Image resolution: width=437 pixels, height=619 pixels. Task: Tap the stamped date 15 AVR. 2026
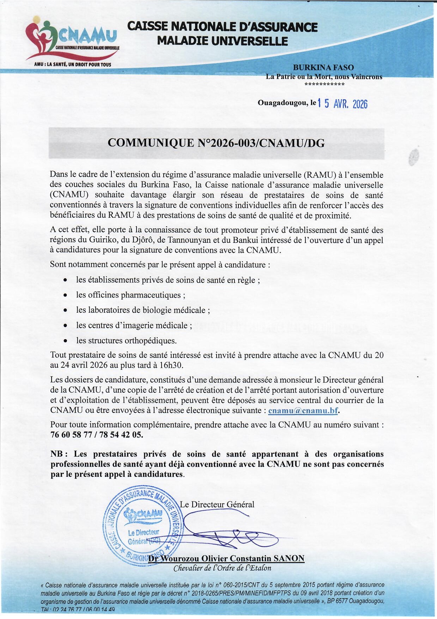click(342, 104)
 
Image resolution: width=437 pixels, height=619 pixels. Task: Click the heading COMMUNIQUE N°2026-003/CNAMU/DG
click(216, 143)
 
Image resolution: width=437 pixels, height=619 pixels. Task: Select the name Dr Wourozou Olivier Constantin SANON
click(226, 558)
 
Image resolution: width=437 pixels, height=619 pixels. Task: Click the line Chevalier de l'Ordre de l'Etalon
click(222, 568)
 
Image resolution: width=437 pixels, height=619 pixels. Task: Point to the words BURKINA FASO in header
click(323, 67)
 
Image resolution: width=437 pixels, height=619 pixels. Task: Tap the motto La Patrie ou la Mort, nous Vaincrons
click(324, 77)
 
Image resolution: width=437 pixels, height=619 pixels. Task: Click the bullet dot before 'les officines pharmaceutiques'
click(65, 295)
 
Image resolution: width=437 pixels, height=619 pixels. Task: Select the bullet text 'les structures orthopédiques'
click(126, 341)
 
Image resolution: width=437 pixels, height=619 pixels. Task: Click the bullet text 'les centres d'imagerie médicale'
click(134, 325)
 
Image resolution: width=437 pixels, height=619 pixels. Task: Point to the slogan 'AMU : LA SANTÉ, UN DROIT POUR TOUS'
click(72, 65)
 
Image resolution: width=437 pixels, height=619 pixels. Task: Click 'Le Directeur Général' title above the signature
click(217, 504)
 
